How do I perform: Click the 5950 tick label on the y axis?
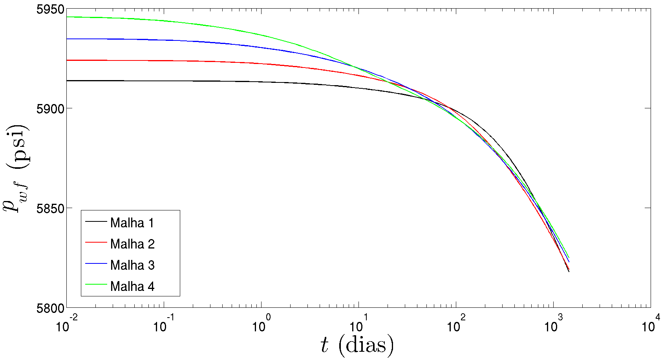point(50,9)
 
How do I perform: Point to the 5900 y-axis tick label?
point(50,109)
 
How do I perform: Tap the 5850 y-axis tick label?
point(50,208)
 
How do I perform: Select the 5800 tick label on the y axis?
point(50,308)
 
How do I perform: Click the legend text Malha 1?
point(132,223)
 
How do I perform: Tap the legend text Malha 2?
point(132,244)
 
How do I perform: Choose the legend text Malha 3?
point(132,265)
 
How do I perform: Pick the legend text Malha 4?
point(132,287)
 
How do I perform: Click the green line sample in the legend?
point(96,284)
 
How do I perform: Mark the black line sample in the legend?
point(96,221)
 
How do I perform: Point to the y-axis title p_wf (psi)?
point(16,169)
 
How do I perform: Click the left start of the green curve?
point(68,17)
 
